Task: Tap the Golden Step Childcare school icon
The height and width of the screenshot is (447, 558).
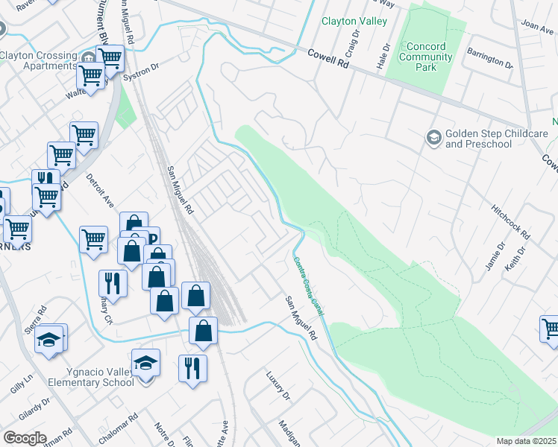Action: (x=433, y=137)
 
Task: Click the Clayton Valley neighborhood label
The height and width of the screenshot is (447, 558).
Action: (x=354, y=21)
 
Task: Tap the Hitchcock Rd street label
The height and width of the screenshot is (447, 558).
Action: (x=511, y=221)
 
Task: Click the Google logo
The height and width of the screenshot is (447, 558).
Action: (x=25, y=438)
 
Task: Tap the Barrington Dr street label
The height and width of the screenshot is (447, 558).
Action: (x=489, y=59)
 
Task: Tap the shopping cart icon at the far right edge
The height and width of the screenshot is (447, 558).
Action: (x=551, y=329)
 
